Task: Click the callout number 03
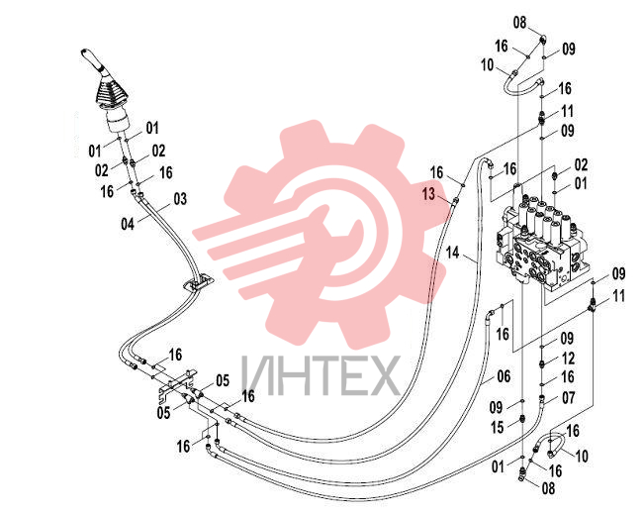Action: [180, 199]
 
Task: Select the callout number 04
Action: [128, 224]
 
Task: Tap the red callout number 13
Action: [428, 194]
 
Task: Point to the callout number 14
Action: [453, 253]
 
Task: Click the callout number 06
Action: [504, 376]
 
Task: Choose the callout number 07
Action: [569, 397]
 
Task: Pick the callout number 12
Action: [568, 359]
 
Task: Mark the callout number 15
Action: [497, 427]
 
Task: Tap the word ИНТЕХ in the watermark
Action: [321, 375]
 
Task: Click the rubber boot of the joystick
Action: [113, 93]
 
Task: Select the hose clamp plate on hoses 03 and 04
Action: [199, 283]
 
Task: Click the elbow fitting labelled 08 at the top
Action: [543, 40]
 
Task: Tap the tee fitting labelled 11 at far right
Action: [593, 304]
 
